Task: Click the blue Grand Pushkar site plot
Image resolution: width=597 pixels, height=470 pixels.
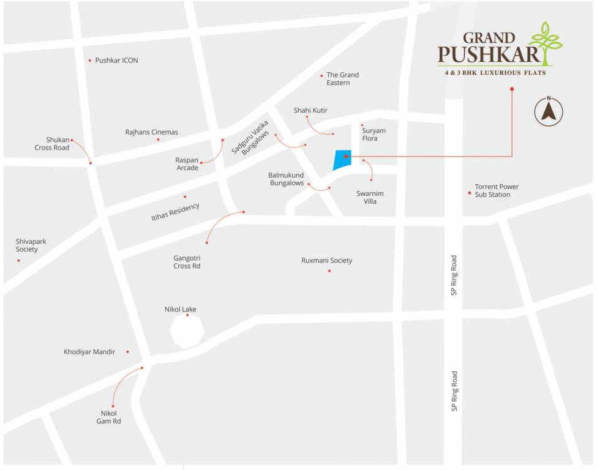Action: [342, 159]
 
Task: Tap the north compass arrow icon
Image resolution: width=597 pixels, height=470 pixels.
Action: [549, 112]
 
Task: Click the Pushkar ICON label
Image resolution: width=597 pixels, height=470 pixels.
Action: [116, 61]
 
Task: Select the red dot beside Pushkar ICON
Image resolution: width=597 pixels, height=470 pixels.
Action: [90, 61]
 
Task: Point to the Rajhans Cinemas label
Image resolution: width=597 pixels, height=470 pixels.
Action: [151, 132]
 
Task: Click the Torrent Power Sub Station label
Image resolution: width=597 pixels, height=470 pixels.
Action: [497, 191]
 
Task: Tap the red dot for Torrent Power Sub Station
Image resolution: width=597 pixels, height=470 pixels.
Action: [470, 193]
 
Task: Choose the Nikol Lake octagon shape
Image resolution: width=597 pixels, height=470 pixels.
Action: [187, 331]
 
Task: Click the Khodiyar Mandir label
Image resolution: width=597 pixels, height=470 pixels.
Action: [89, 352]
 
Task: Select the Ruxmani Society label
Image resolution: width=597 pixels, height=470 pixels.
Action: [326, 261]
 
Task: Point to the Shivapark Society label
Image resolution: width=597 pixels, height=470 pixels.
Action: [31, 245]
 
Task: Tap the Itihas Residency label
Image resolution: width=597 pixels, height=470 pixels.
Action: [175, 212]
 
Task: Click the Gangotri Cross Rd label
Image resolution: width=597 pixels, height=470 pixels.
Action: [187, 262]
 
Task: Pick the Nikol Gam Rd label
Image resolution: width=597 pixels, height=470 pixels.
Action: [108, 417]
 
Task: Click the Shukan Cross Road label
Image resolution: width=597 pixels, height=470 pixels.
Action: [52, 144]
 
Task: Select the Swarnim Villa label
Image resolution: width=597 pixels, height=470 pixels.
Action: [366, 197]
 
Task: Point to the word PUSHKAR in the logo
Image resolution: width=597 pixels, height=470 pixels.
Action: [489, 56]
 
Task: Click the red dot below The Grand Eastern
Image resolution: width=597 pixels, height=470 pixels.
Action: [321, 76]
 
